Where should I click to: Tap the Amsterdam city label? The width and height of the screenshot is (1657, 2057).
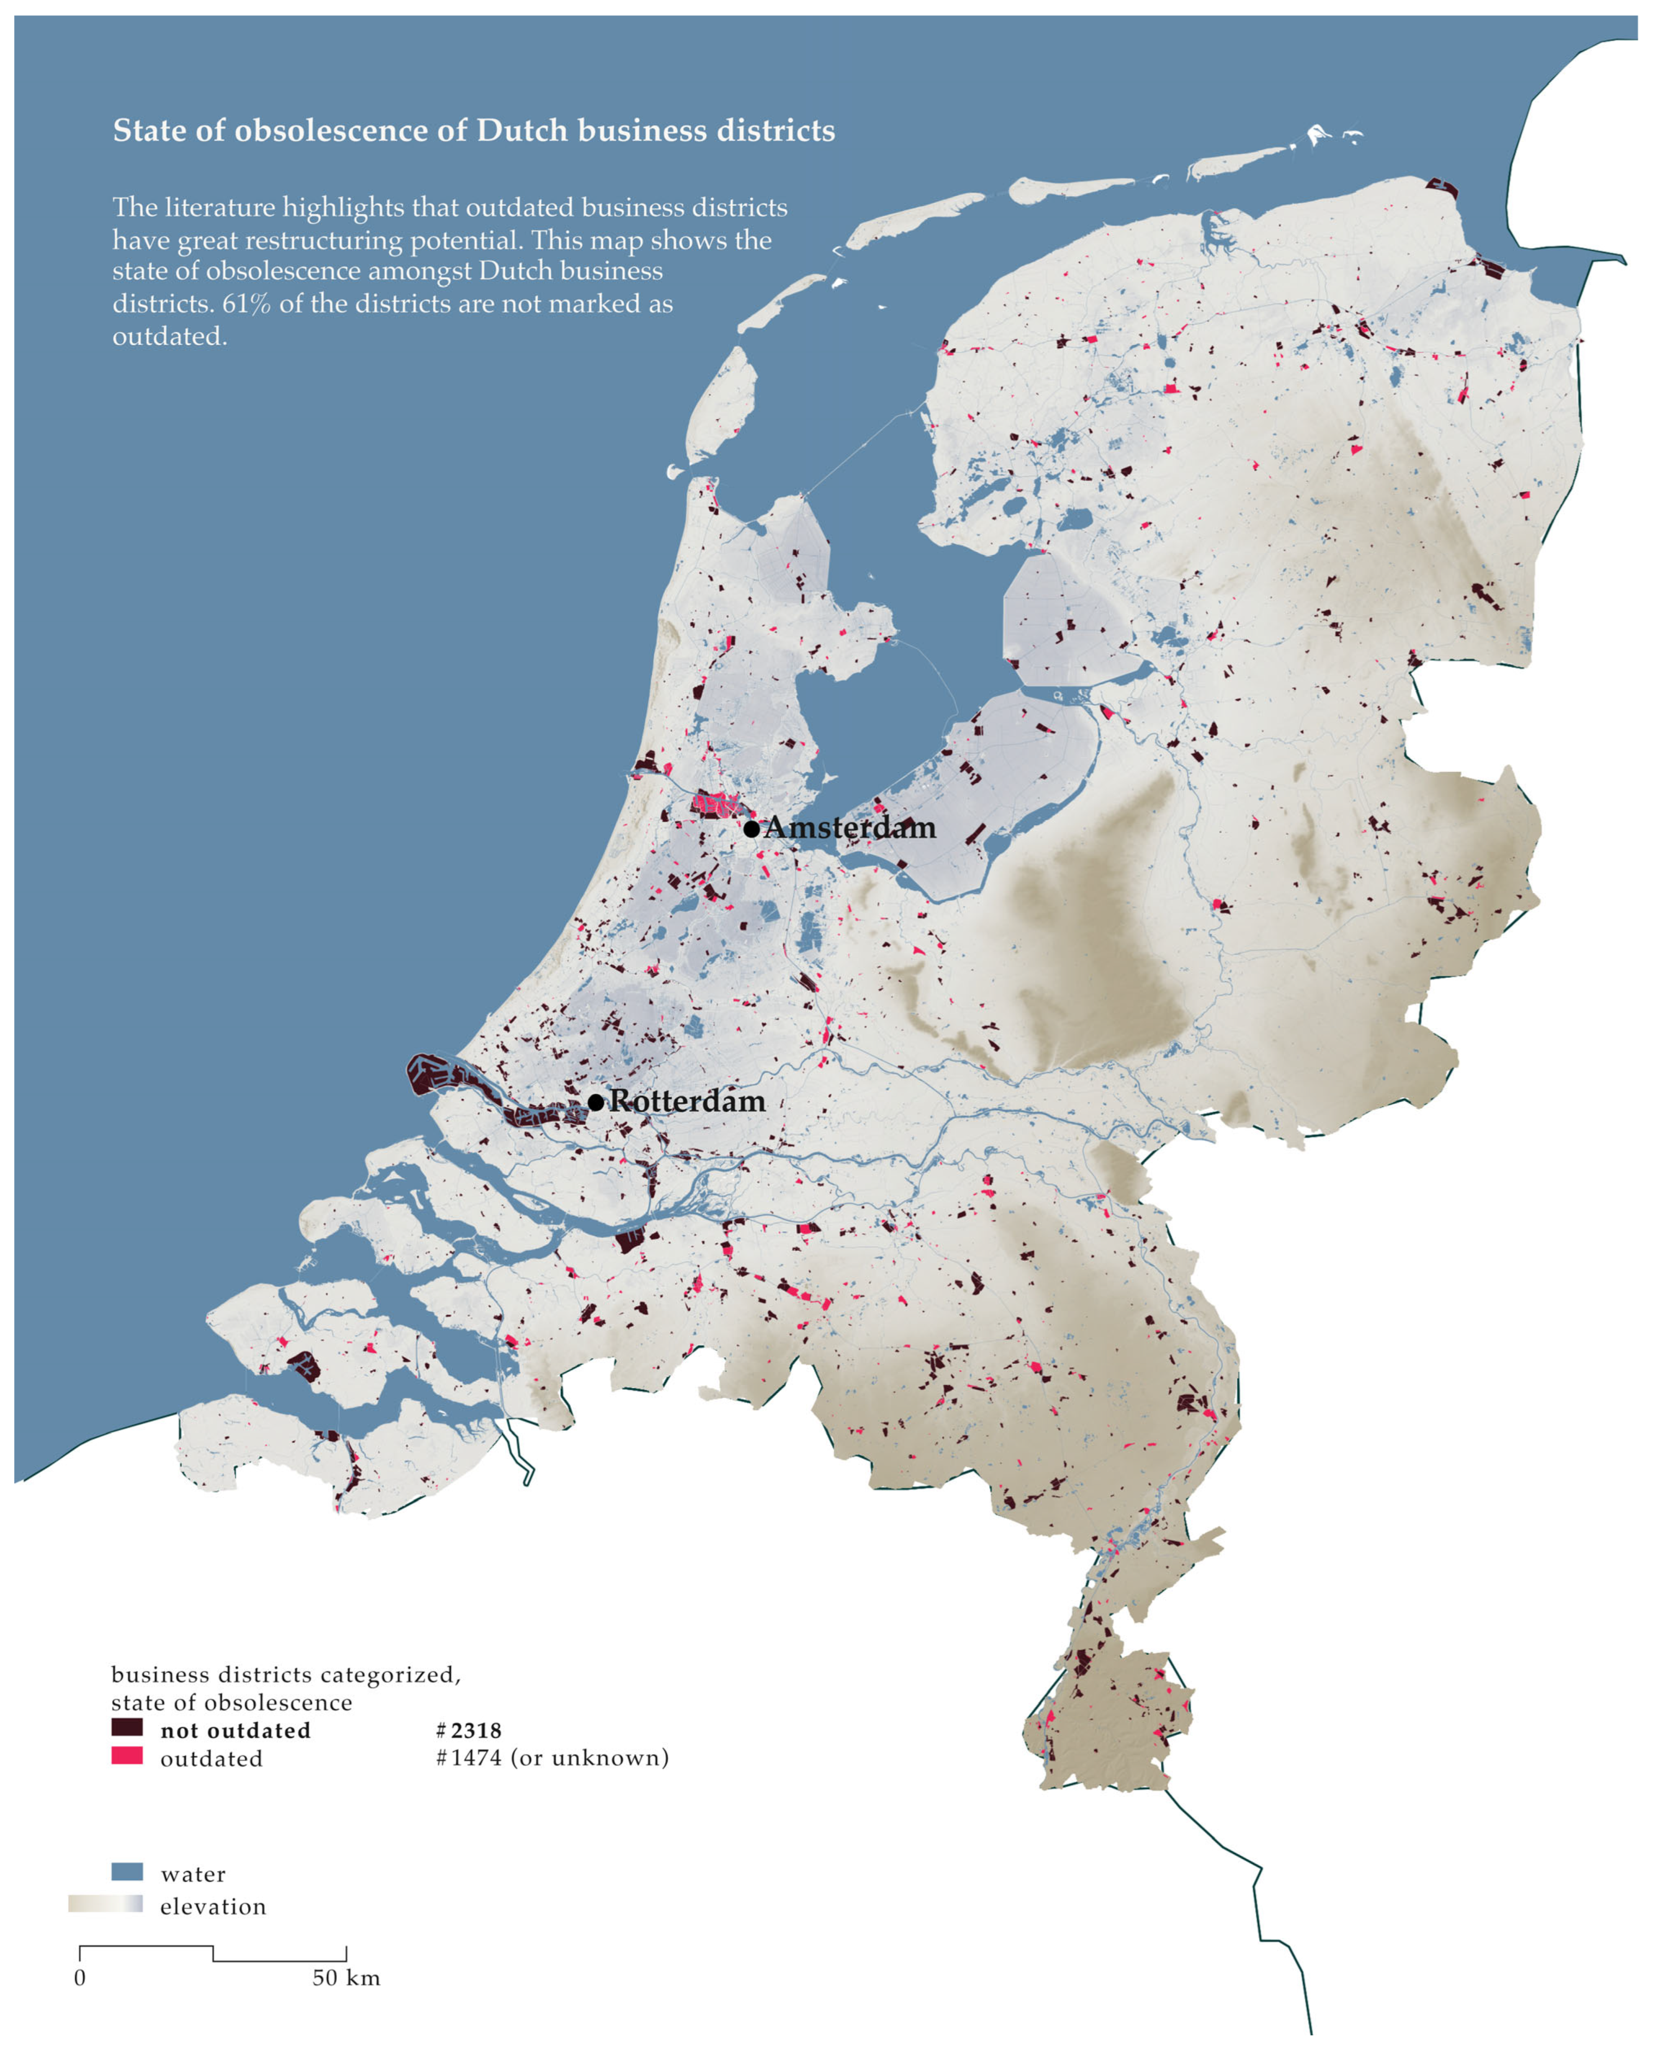click(849, 827)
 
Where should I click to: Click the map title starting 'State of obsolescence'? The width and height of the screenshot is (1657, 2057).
click(474, 131)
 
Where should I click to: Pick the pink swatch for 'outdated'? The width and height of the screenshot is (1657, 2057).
click(127, 1754)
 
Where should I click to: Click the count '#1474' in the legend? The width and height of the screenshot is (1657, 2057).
click(468, 1757)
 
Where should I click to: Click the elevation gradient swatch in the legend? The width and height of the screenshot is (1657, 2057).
click(105, 1903)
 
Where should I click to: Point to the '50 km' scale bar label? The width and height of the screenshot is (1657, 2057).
click(345, 1977)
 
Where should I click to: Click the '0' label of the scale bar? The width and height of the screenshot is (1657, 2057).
click(80, 1977)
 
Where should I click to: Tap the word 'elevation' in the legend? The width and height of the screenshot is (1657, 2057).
click(213, 1906)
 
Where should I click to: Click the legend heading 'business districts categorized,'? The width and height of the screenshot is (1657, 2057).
click(286, 1674)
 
